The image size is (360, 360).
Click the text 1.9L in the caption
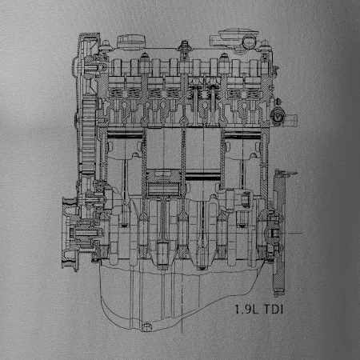[246, 310]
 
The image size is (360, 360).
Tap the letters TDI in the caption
[274, 310]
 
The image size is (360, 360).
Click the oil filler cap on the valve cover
[132, 42]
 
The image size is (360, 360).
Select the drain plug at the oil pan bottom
[146, 327]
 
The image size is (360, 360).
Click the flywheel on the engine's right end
[279, 232]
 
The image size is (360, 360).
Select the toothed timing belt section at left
[89, 136]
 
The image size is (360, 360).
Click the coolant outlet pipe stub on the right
[290, 120]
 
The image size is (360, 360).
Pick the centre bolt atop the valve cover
[184, 46]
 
